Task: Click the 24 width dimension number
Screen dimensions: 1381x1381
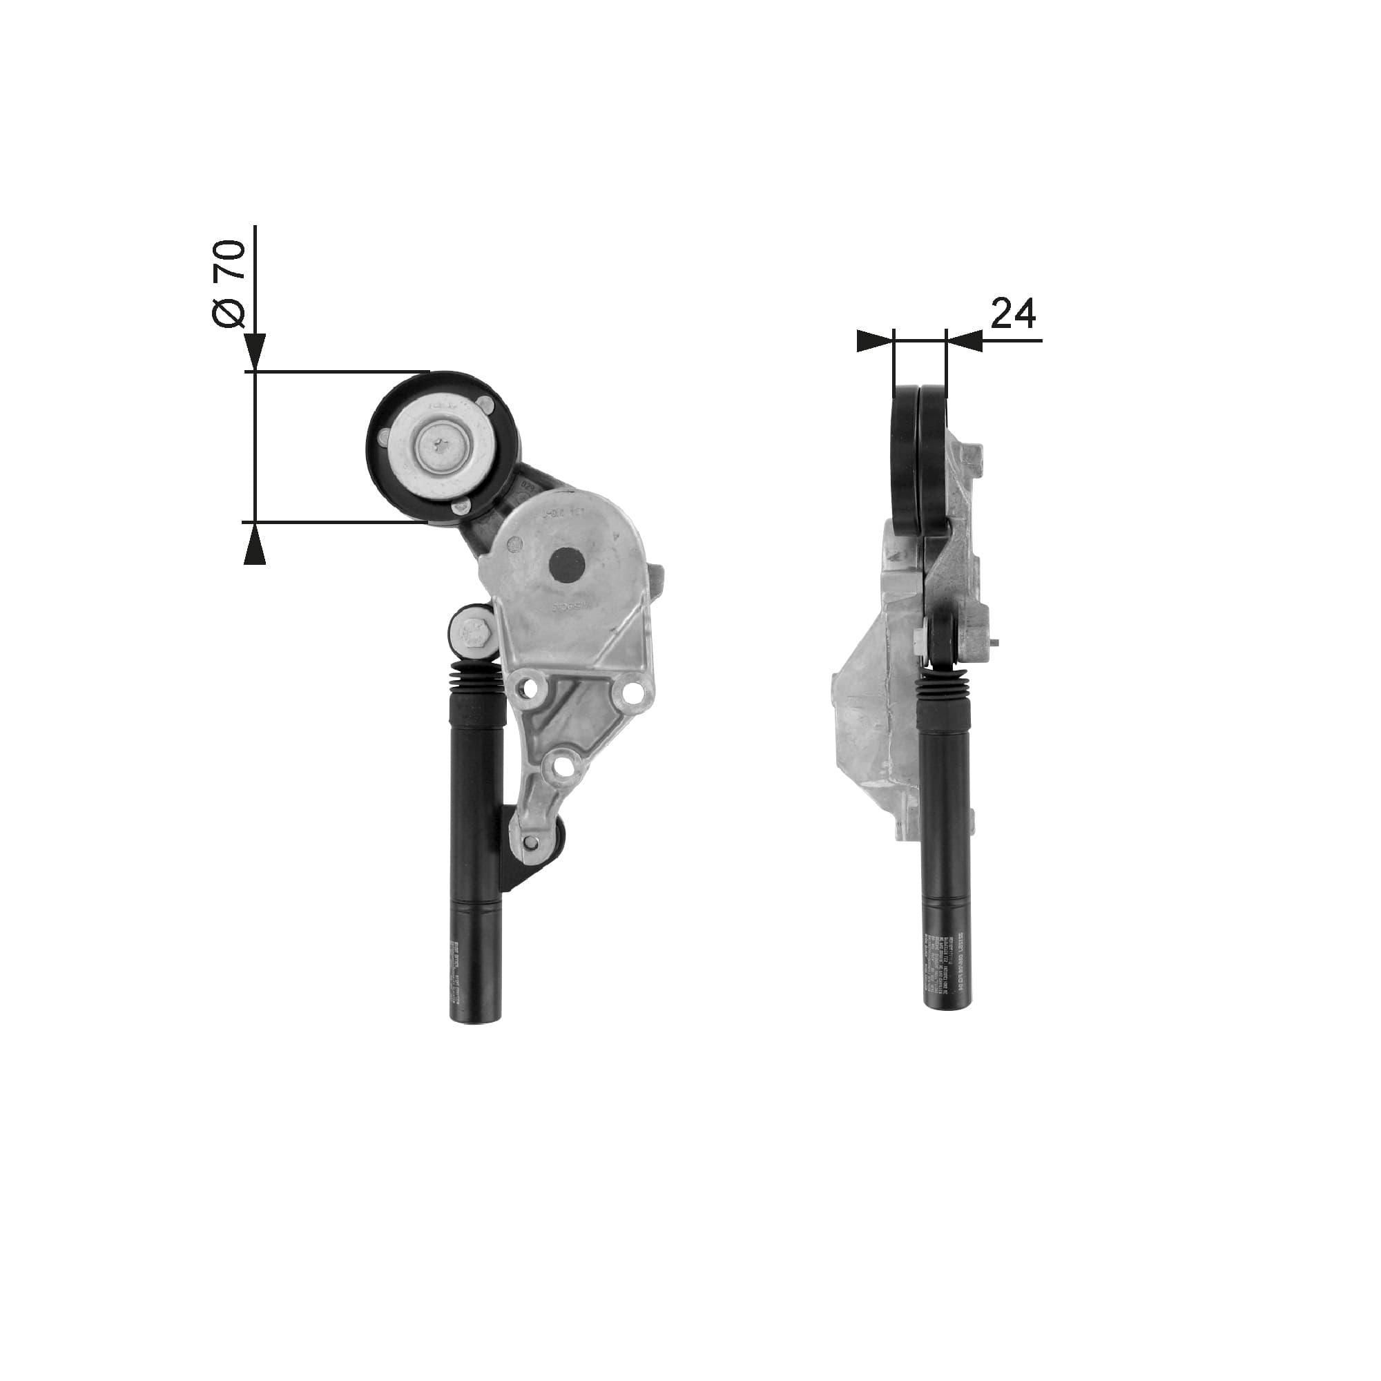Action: [x=1013, y=314]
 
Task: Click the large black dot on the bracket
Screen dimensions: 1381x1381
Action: [x=567, y=566]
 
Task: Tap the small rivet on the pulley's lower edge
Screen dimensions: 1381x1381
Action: [x=460, y=508]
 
